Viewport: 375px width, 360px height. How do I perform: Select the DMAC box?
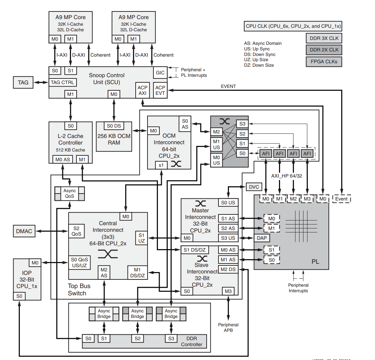tap(24, 231)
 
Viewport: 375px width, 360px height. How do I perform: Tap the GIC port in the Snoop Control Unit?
tap(160, 73)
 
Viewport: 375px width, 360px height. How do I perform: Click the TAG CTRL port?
tap(63, 82)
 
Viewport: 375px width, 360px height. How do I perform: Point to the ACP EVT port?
tap(160, 90)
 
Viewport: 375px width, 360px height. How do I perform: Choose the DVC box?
tap(254, 187)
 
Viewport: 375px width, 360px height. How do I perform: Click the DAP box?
tap(262, 238)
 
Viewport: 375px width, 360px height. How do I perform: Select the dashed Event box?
tap(341, 199)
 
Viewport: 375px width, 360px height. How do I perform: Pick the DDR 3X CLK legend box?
tap(324, 38)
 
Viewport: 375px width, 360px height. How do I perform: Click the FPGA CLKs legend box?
tap(324, 62)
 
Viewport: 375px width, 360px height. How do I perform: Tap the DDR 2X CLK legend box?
tap(324, 50)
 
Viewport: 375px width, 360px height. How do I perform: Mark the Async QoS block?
tap(70, 194)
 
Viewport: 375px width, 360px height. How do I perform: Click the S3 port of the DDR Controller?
tap(171, 338)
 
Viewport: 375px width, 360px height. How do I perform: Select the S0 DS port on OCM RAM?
tap(114, 126)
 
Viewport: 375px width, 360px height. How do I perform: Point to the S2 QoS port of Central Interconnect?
tap(76, 231)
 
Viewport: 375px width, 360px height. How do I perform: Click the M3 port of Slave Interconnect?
tap(228, 291)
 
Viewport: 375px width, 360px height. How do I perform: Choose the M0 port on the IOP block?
tap(35, 263)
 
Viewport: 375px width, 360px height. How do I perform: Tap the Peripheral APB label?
tap(228, 327)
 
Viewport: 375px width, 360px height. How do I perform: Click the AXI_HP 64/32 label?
tap(287, 176)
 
